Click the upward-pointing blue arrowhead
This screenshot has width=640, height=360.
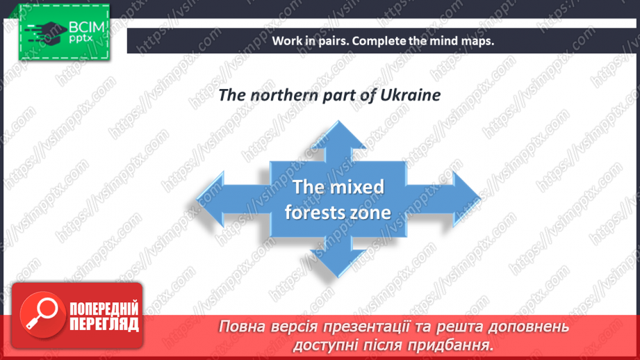[x=338, y=137]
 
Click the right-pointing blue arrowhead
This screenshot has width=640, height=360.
[x=466, y=199]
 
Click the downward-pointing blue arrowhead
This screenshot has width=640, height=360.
[x=338, y=261]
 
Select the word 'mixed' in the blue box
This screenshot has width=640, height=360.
[x=357, y=187]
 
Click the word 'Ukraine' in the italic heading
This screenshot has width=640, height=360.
[x=410, y=95]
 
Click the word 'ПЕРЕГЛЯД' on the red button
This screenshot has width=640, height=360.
[x=104, y=325]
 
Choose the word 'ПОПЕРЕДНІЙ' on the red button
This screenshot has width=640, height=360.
[x=104, y=309]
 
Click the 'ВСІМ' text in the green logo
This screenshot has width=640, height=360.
[x=87, y=27]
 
